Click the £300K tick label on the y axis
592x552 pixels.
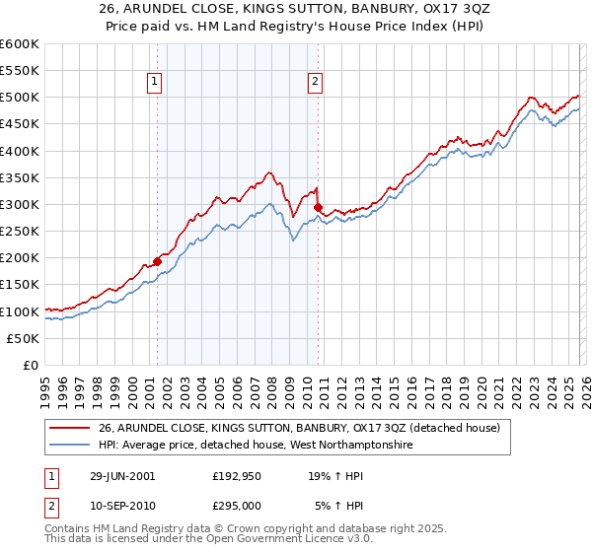(19, 204)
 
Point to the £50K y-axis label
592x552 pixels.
(23, 338)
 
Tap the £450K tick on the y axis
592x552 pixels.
(19, 124)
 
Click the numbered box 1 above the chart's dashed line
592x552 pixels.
(157, 83)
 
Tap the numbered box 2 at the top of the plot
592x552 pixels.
(315, 83)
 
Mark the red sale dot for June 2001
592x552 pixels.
(158, 262)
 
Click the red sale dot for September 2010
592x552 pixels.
(318, 208)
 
